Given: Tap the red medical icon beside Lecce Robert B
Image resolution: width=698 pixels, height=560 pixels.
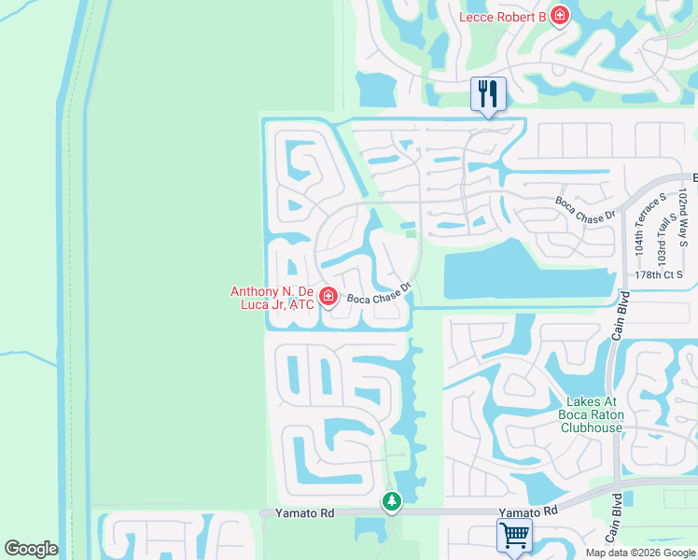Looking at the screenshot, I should tap(559, 15).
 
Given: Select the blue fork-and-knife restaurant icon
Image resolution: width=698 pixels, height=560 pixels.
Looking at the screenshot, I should tap(488, 93).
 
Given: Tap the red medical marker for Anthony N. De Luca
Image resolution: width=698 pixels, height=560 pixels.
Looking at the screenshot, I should tap(328, 297).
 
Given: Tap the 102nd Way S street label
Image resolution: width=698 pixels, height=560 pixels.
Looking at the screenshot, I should tap(684, 217).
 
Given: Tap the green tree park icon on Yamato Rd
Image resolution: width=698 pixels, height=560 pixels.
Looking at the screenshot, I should tap(392, 502).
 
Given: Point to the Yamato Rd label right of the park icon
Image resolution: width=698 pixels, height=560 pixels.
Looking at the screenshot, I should tap(527, 511).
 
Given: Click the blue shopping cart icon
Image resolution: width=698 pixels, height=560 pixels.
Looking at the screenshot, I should tap(513, 535).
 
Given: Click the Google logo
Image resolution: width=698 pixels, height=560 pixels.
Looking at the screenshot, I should tap(31, 549).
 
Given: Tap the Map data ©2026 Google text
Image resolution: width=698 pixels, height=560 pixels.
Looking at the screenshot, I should tap(640, 553).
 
